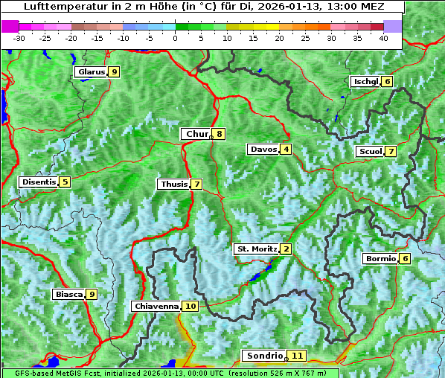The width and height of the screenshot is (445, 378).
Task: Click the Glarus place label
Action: point(90,72)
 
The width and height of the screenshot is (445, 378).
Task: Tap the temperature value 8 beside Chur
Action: point(220,134)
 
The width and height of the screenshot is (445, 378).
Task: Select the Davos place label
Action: point(263,150)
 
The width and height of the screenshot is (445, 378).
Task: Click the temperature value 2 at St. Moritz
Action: point(286,249)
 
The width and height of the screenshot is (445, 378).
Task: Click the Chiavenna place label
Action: point(156,306)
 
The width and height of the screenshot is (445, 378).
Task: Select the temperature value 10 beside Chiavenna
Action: point(191,306)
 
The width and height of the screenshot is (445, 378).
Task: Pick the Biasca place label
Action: point(68,295)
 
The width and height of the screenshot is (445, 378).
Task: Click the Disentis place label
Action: point(38,182)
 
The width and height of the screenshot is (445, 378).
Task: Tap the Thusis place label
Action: point(173,184)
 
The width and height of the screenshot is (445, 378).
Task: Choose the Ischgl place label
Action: point(365,81)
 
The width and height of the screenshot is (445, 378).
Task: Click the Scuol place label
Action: point(370,152)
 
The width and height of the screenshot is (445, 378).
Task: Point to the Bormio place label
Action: point(380,259)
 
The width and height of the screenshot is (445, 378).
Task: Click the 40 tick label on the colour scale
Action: point(383,38)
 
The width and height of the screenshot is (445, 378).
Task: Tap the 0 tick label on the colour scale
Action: point(175,38)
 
